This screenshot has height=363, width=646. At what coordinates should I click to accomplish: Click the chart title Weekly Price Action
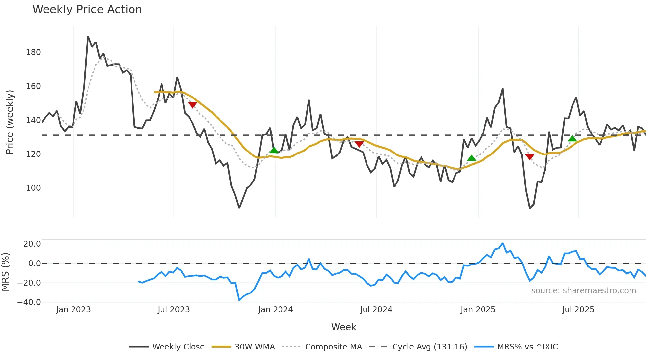pos(87,10)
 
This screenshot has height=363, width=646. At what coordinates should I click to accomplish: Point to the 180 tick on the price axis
pos(33,52)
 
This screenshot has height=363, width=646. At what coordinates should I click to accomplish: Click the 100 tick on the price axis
pos(33,188)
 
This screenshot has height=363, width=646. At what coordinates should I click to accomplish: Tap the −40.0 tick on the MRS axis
pos(29,302)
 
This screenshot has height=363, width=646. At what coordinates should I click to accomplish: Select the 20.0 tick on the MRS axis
pos(32,244)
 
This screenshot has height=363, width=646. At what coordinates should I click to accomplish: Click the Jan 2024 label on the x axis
pos(275,310)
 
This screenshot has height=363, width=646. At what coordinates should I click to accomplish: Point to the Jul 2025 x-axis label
pos(578,310)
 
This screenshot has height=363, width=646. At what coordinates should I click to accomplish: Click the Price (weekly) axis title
pos(10,122)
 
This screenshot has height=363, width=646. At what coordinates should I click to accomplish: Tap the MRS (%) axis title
pos(5,272)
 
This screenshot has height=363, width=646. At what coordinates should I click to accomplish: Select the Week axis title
pos(343,327)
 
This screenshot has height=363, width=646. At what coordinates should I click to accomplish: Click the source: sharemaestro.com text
pos(583,291)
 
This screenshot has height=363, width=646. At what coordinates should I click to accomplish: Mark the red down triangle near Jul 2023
pos(192,105)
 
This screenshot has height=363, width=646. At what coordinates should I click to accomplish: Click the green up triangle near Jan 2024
pos(274,150)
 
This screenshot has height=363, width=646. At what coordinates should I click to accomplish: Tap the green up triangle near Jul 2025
pos(573,138)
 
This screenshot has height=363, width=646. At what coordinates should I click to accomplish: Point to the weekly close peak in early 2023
pos(88,36)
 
